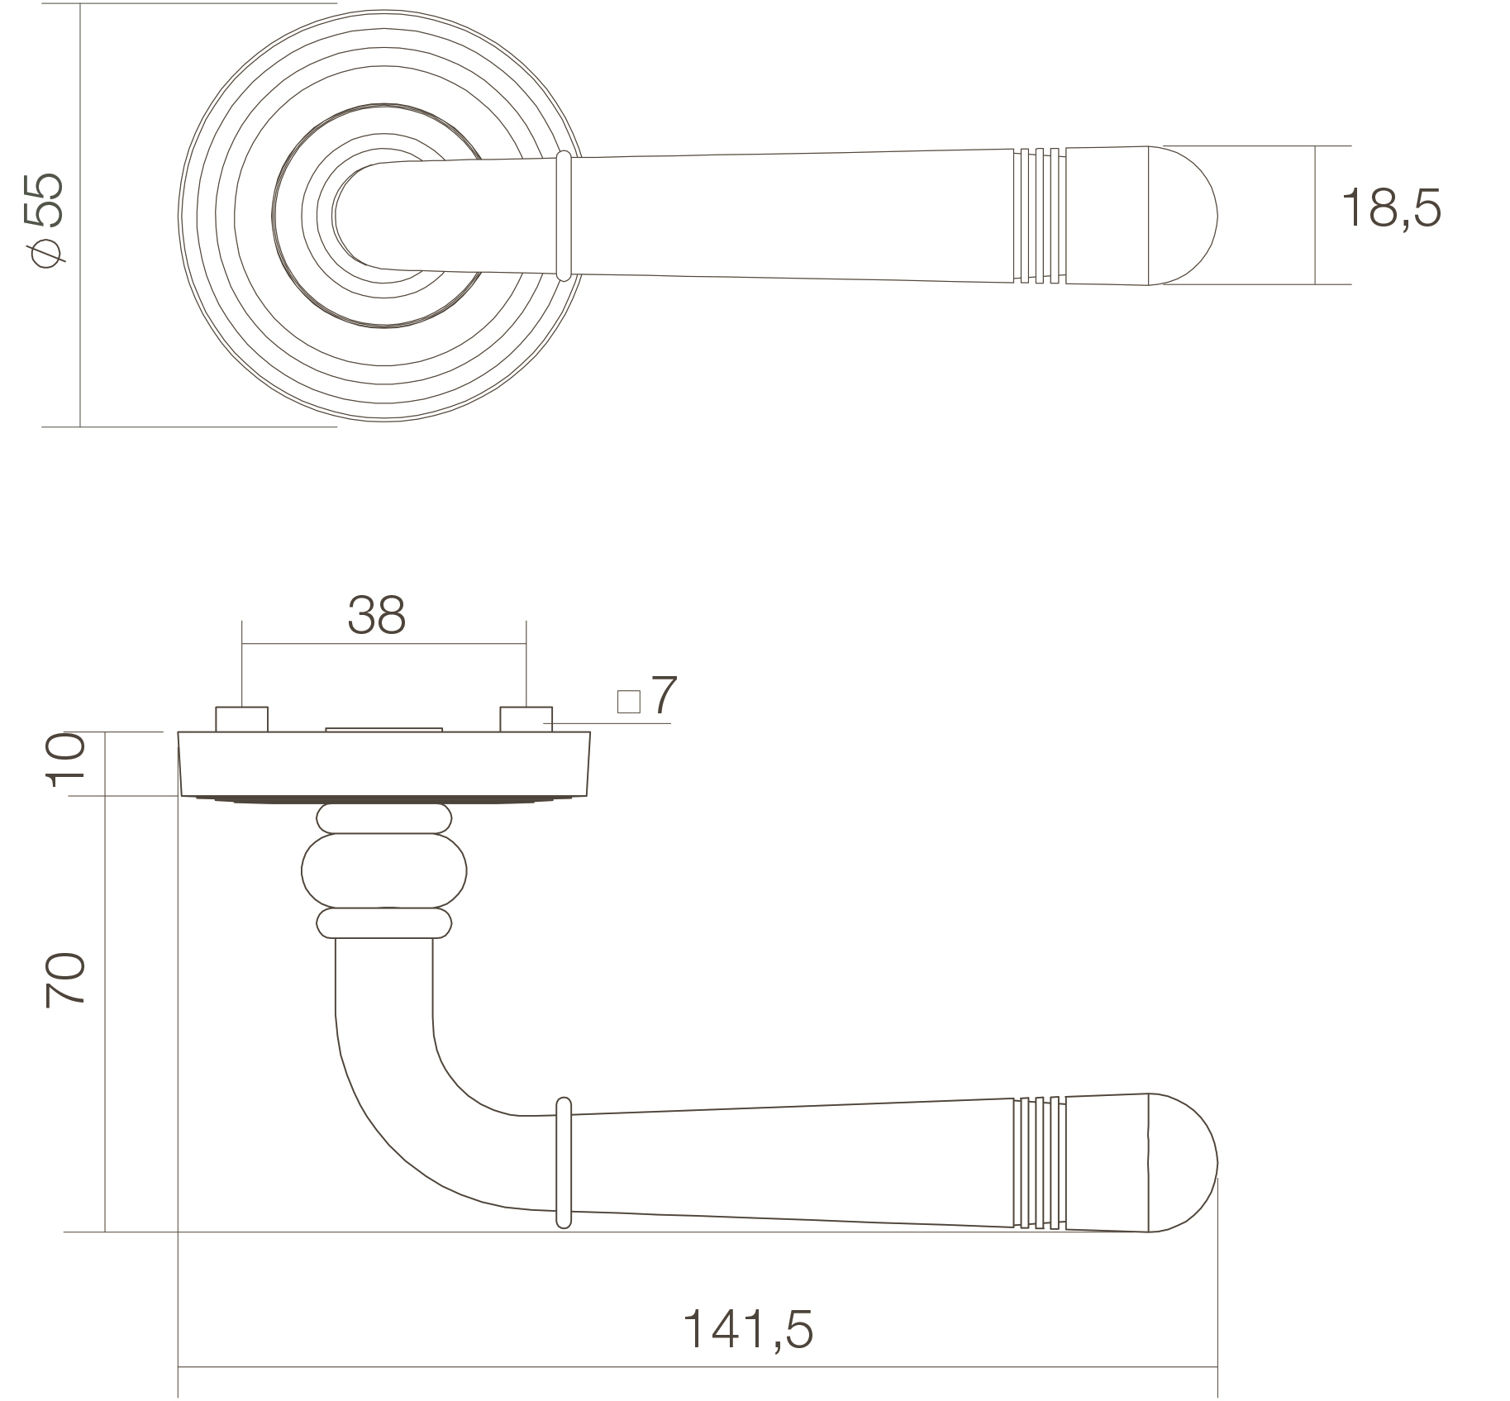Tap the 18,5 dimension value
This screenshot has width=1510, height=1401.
click(x=1391, y=207)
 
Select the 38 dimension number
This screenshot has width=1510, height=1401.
click(x=377, y=615)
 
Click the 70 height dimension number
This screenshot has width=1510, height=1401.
click(x=64, y=979)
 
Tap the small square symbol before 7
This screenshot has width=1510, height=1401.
click(x=629, y=702)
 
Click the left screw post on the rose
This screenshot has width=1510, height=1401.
click(x=242, y=719)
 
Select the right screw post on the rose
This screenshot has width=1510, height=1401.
click(x=526, y=719)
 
